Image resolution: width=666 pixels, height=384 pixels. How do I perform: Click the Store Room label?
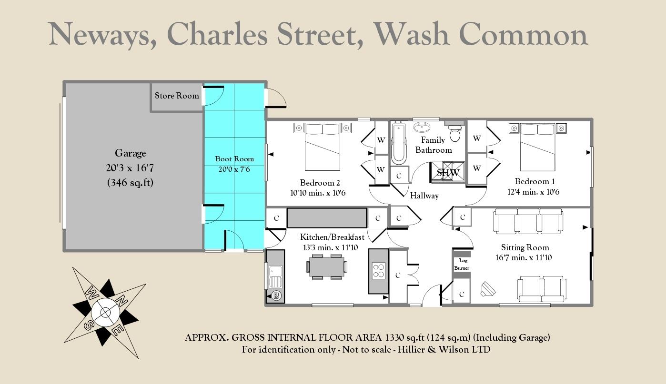(x=177, y=96)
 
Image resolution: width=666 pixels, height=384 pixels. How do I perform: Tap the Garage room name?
(x=130, y=153)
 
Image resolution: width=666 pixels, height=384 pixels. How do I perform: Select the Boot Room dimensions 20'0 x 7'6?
(x=234, y=169)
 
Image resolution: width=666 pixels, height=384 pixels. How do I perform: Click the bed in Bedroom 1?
(x=537, y=147)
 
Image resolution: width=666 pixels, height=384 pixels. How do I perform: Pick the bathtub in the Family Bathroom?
(x=399, y=143)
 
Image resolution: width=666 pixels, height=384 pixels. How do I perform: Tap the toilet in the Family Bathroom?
(x=455, y=134)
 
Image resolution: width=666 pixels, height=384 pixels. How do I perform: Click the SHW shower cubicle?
(x=447, y=172)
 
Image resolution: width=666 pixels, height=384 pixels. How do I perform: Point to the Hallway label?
(x=424, y=196)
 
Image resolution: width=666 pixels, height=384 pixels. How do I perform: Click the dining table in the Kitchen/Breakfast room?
(x=326, y=266)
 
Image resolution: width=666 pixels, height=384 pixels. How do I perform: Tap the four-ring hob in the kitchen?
(x=378, y=271)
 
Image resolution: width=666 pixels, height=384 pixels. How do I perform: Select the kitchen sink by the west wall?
(x=275, y=276)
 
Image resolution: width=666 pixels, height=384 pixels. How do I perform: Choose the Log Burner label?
(x=462, y=264)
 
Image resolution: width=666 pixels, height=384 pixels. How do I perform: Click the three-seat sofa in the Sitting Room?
(x=528, y=221)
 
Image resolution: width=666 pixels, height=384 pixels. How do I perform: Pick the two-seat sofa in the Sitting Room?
(x=542, y=288)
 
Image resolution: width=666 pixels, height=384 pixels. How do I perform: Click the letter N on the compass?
(x=121, y=301)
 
